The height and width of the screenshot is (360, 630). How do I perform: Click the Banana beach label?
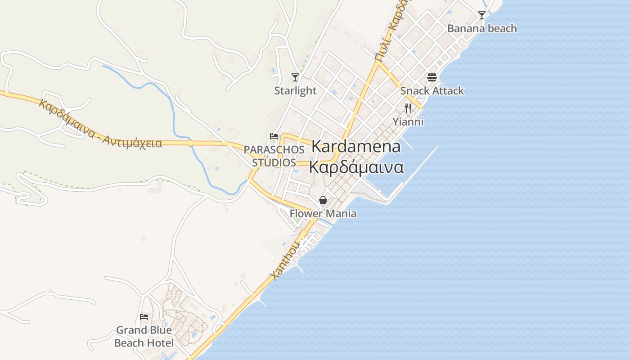click(482, 29)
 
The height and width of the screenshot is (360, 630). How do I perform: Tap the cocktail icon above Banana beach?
click(482, 15)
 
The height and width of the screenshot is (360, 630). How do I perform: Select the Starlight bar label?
click(296, 91)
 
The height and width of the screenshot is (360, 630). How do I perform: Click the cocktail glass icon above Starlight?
click(295, 77)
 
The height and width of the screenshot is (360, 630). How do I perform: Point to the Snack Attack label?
click(432, 91)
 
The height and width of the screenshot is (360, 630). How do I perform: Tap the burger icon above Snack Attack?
click(432, 77)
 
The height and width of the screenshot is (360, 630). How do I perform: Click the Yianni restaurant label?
click(408, 122)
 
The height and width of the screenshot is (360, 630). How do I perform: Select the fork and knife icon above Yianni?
click(408, 108)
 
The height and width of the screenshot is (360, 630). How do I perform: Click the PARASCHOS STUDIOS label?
click(274, 156)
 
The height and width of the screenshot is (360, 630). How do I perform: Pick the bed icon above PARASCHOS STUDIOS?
click(274, 136)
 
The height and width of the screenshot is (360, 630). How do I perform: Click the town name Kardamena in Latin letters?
click(356, 147)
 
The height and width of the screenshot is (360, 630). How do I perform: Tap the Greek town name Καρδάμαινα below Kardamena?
click(356, 167)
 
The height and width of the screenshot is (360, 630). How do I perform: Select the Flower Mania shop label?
click(323, 214)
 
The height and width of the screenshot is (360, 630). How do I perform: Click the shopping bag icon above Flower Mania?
click(323, 200)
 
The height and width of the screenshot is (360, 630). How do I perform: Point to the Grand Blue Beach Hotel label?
click(144, 337)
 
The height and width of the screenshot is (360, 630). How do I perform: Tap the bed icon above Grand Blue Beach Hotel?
click(144, 317)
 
